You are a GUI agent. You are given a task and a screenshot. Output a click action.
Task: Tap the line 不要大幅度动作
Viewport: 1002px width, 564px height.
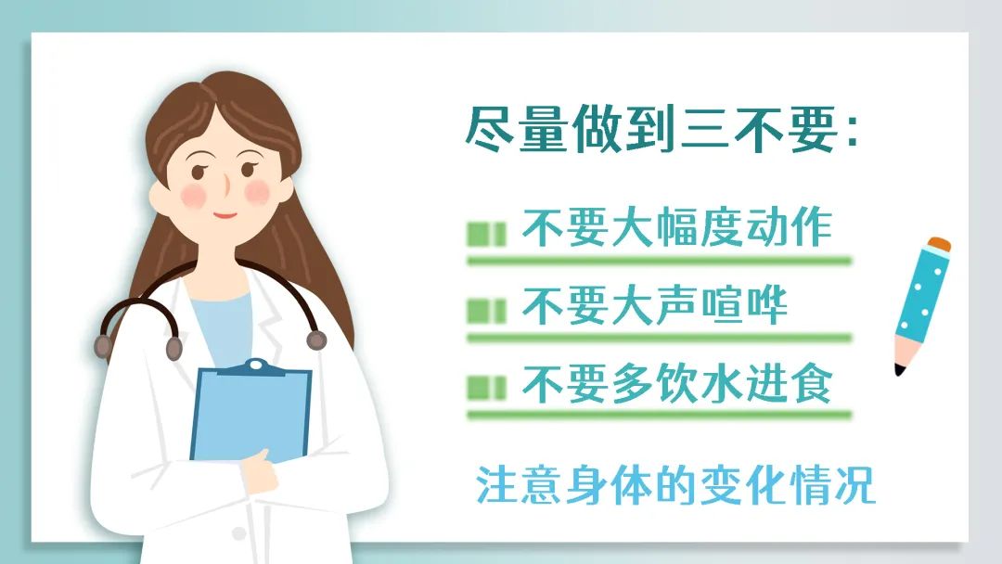(x=677, y=227)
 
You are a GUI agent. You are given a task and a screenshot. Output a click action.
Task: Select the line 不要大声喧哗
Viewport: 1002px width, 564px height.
(x=655, y=305)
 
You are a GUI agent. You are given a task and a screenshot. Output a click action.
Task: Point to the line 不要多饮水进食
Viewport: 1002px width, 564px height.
(x=677, y=383)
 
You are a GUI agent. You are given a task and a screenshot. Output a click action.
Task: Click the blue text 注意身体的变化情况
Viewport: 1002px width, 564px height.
(x=674, y=485)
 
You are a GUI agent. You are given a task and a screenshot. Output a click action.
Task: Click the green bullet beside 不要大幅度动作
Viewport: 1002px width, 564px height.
(x=486, y=234)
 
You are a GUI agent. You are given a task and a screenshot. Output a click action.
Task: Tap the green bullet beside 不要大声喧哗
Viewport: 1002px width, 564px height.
(x=486, y=312)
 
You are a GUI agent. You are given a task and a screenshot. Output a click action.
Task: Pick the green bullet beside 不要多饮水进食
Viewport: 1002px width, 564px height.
(x=486, y=388)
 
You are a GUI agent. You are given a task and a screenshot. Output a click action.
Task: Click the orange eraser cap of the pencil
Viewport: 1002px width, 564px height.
(x=939, y=244)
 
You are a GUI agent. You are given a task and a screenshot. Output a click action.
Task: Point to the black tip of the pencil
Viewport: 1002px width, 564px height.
(x=900, y=369)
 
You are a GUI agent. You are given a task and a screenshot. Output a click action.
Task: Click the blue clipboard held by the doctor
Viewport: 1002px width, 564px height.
(x=250, y=412)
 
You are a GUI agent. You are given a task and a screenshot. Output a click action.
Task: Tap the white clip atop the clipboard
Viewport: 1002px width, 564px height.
(x=256, y=365)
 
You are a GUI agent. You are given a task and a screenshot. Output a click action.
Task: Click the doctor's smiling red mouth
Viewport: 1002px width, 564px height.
(x=225, y=215)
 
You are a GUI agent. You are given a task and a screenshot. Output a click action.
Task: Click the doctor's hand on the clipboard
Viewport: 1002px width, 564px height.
(x=262, y=473)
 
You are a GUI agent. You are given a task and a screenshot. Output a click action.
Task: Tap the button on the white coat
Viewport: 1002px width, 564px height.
(x=239, y=532)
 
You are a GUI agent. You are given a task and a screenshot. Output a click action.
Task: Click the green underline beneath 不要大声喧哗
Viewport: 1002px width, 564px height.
(x=660, y=338)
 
